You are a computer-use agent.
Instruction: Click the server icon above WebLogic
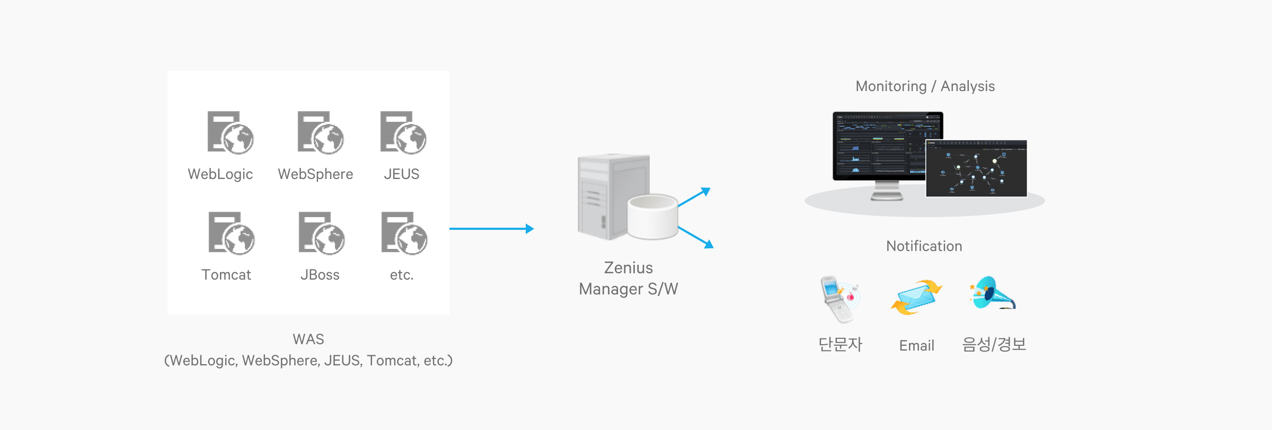click(230, 133)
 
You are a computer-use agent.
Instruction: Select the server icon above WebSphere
click(320, 133)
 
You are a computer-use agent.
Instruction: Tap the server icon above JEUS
click(403, 133)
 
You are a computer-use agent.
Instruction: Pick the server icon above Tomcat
click(231, 234)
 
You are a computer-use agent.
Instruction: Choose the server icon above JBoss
click(321, 234)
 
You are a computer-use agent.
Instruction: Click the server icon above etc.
click(404, 234)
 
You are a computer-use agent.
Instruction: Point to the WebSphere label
click(315, 174)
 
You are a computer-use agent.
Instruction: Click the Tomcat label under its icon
click(226, 275)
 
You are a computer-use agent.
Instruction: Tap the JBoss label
click(320, 275)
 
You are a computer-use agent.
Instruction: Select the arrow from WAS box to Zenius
click(491, 229)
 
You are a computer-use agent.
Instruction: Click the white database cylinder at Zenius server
click(652, 216)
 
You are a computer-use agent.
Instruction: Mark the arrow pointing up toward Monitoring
click(694, 197)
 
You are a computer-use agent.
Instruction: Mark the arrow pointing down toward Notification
click(695, 237)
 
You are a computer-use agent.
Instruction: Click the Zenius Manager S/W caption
click(629, 279)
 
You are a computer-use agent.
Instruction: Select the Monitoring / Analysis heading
click(925, 86)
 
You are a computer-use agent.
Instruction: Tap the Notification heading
click(924, 246)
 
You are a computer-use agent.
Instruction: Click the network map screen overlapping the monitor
click(976, 168)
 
